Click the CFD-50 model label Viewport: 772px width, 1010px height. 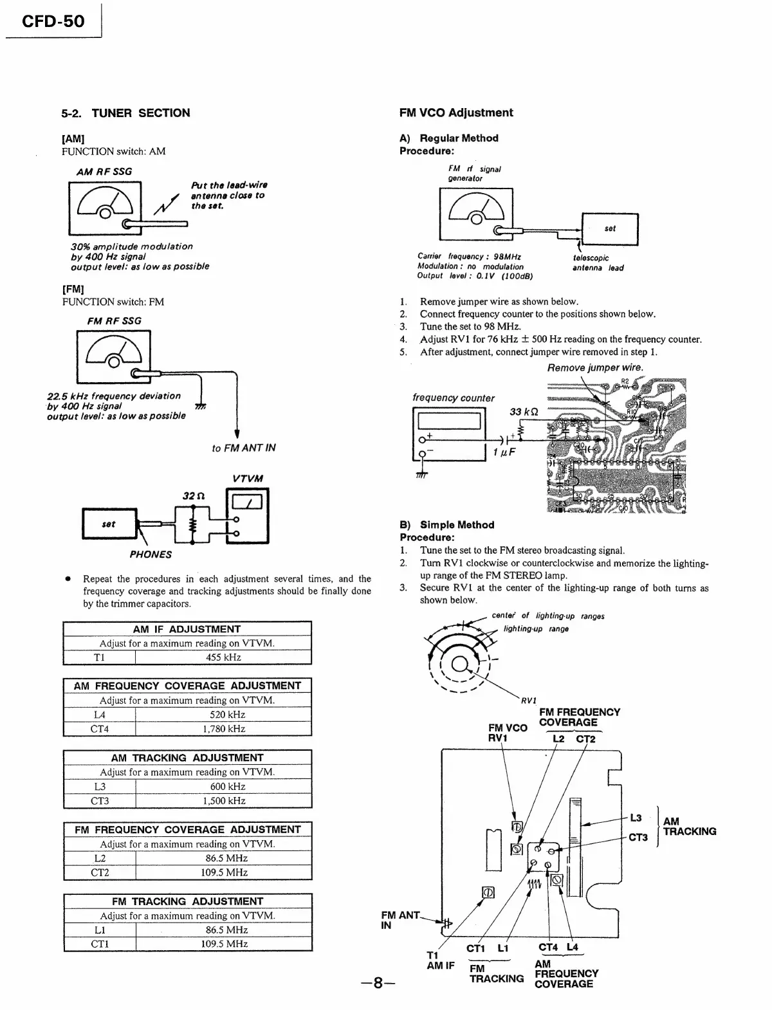point(53,21)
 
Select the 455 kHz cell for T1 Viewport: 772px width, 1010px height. point(223,657)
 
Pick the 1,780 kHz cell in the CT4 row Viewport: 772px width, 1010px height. point(223,729)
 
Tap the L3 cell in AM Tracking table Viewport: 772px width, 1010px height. point(100,786)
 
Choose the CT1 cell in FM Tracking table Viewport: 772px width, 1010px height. point(100,944)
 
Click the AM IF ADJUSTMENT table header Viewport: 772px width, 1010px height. point(187,629)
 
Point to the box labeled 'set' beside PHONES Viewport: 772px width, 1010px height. point(109,524)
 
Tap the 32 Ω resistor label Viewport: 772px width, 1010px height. point(193,496)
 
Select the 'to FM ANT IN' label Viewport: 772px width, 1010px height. point(243,448)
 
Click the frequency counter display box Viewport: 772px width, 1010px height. point(449,421)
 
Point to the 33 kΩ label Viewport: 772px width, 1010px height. point(524,412)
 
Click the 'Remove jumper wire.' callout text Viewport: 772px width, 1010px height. point(594,368)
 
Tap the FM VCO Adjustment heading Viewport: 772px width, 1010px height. point(456,113)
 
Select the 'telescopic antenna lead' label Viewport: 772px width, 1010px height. point(598,263)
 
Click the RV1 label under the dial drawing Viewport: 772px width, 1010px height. point(529,700)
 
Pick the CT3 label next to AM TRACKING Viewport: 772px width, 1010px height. point(638,837)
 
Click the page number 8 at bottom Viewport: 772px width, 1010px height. point(378,983)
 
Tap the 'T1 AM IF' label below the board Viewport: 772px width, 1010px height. point(440,960)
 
